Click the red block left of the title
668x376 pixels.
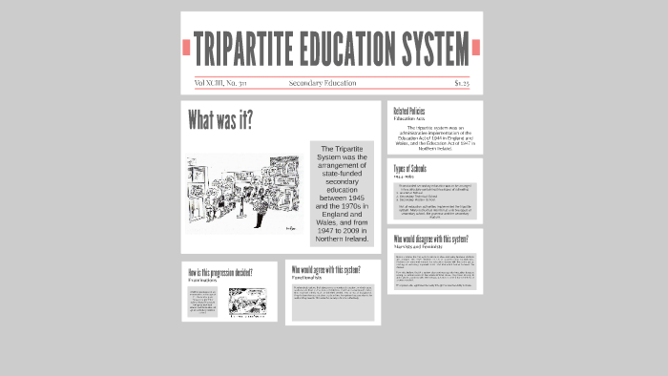(187, 47)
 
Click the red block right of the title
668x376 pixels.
(476, 47)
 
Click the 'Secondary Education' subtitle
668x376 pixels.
(323, 83)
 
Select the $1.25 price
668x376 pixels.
(462, 83)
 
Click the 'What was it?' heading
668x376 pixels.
(220, 120)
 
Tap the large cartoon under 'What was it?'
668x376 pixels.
(244, 194)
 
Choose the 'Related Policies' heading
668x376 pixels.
(409, 112)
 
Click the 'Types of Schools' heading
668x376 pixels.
(410, 169)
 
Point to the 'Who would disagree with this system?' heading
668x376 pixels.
(432, 239)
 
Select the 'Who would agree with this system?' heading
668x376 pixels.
(325, 270)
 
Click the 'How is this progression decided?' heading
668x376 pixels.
(220, 273)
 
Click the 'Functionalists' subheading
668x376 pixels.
(307, 278)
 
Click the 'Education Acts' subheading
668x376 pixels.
(407, 118)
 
